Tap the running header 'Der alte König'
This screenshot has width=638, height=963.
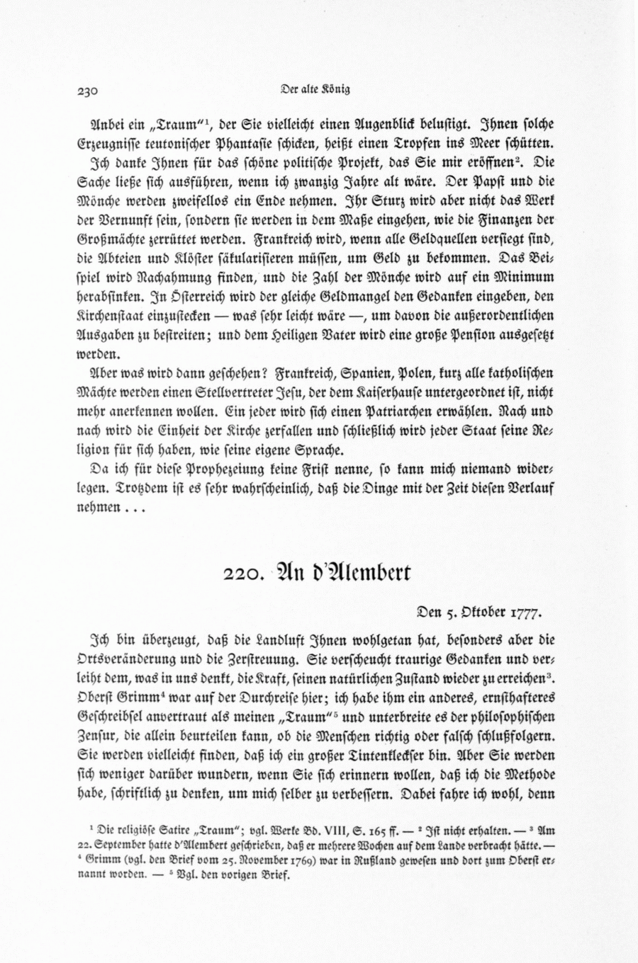click(315, 89)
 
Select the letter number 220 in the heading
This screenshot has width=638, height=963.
click(242, 573)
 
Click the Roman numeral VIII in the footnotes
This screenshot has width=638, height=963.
click(316, 826)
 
